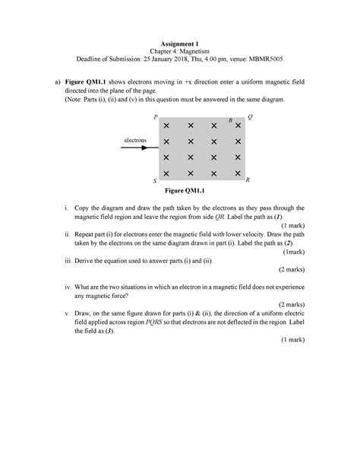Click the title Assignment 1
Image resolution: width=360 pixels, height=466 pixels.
[x=180, y=44]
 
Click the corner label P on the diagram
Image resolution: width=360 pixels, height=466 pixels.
[x=155, y=118]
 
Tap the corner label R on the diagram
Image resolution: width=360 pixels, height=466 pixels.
[x=248, y=180]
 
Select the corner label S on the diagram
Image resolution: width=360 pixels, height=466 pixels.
[x=154, y=182]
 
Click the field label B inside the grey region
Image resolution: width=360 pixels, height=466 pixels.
[x=230, y=120]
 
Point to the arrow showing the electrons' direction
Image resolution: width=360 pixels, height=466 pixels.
[x=140, y=148]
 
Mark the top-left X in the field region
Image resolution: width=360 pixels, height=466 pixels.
[x=166, y=126]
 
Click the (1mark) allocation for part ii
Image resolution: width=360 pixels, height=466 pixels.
[x=292, y=251]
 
